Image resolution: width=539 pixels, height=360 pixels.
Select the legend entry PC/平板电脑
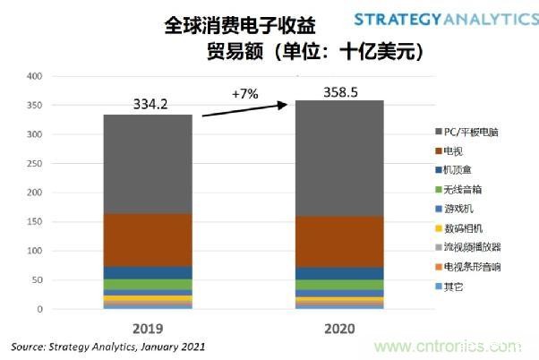[466, 132]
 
